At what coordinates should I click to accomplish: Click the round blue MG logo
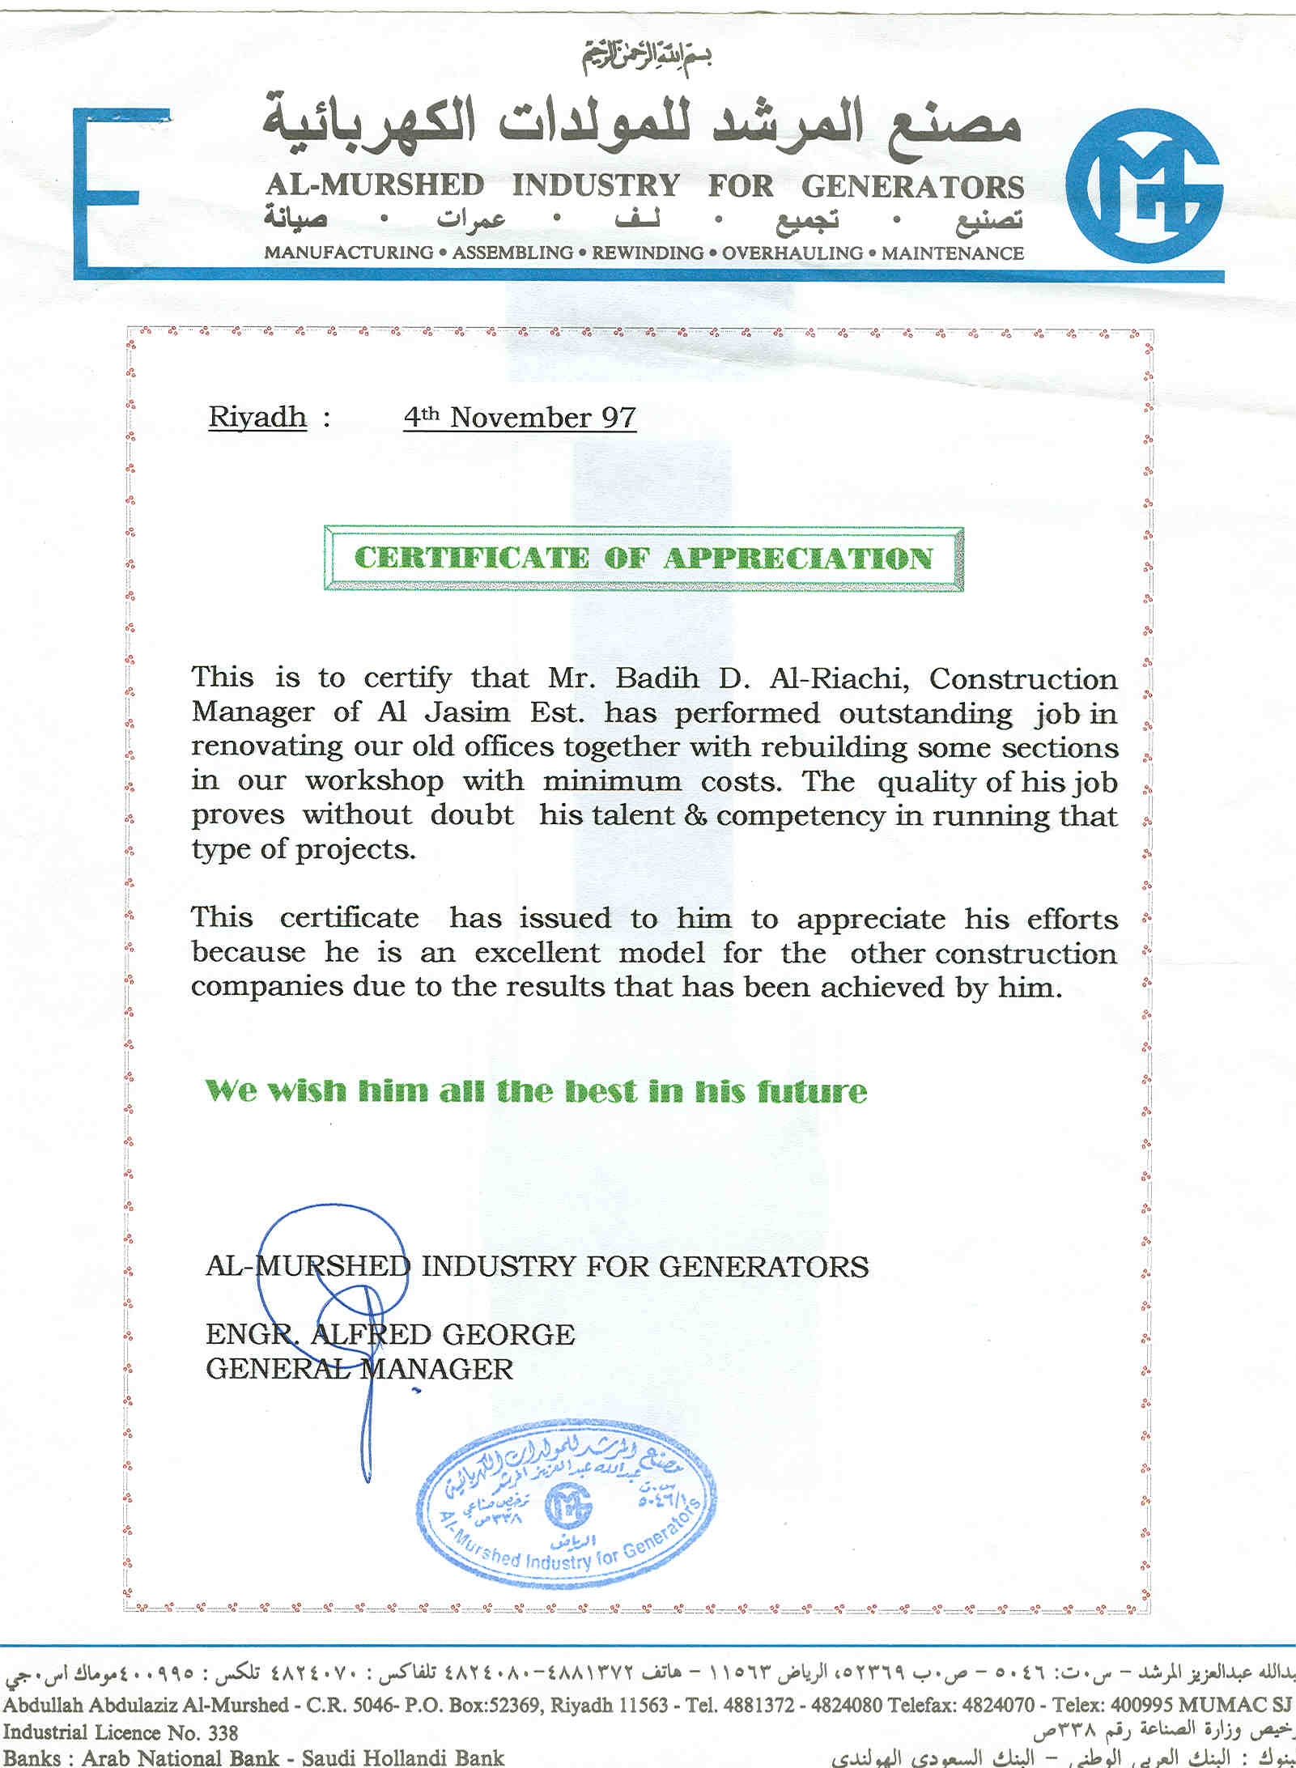click(x=1143, y=186)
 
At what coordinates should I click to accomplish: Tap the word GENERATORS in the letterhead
click(x=912, y=187)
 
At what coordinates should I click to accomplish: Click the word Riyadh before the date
click(x=257, y=418)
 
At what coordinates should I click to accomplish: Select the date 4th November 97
click(x=520, y=418)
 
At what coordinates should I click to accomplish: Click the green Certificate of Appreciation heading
click(x=644, y=559)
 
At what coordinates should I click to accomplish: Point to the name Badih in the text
click(x=656, y=678)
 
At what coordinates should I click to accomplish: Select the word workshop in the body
click(x=374, y=781)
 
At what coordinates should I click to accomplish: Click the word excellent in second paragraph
click(x=538, y=953)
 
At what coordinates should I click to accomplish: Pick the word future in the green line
click(x=812, y=1091)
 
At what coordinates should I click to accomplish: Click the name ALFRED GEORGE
click(x=443, y=1334)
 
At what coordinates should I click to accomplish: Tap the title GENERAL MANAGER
click(x=359, y=1369)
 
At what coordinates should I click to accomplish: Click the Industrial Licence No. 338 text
click(x=121, y=1732)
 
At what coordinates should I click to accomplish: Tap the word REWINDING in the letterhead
click(x=647, y=253)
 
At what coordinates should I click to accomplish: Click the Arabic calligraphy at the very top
click(x=647, y=57)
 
